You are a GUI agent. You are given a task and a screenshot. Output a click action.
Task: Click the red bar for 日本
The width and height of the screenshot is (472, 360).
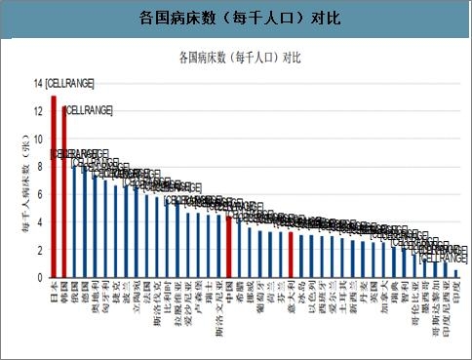(54, 185)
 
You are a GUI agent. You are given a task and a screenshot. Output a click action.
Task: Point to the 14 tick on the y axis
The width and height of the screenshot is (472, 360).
(38, 84)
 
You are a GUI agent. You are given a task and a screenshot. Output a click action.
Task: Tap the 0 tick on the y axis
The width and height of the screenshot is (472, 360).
(40, 278)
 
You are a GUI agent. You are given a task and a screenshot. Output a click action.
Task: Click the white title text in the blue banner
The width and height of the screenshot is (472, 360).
(236, 20)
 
